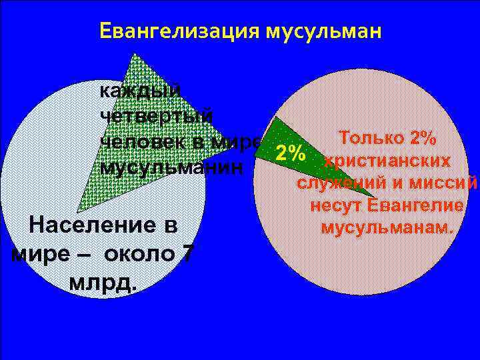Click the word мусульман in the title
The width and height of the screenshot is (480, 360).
tap(325, 31)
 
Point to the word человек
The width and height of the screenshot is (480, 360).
tap(145, 141)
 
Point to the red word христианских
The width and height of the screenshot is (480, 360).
tap(387, 161)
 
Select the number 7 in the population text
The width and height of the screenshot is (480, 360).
tap(188, 255)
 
